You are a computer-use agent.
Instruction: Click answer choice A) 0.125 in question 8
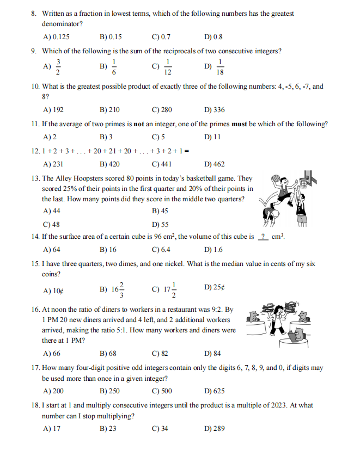click(56, 37)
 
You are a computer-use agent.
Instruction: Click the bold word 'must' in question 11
click(240, 123)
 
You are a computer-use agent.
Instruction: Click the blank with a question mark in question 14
click(263, 237)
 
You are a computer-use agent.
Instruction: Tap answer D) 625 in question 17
click(213, 391)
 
